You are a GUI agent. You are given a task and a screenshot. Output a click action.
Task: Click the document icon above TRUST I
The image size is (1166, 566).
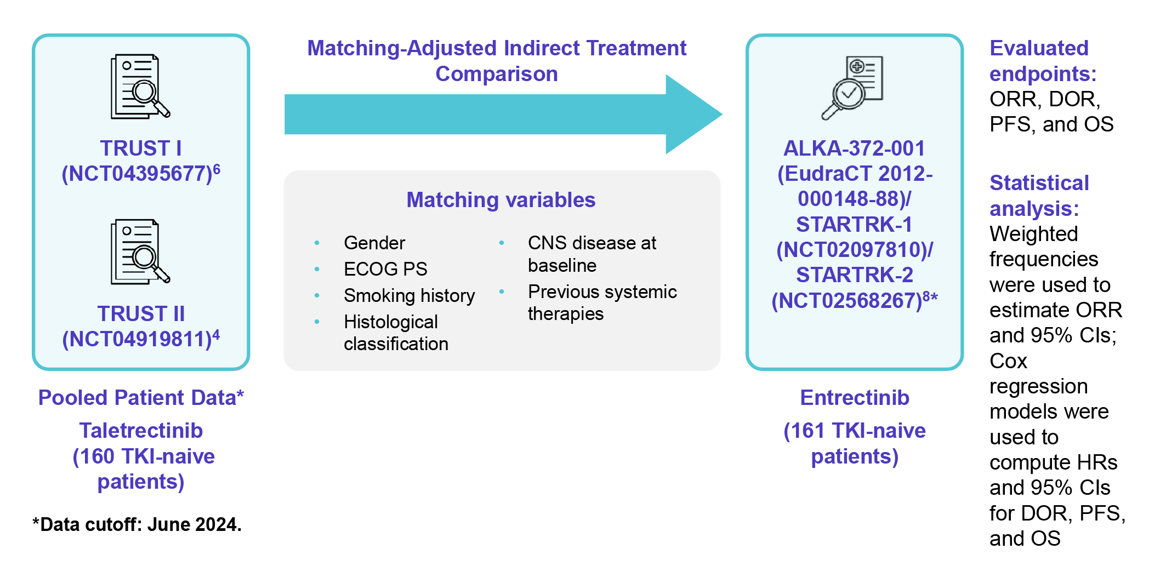point(140,86)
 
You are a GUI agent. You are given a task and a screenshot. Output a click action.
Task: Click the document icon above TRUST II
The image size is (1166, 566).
point(140,251)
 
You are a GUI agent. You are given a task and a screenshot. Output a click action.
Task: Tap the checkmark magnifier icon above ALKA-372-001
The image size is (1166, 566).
point(852,88)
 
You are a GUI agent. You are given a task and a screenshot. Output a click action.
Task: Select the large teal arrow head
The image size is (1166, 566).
point(694,114)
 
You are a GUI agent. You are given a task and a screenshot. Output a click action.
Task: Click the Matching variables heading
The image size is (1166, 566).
point(501,200)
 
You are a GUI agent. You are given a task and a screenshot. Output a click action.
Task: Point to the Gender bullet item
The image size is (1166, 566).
point(374,243)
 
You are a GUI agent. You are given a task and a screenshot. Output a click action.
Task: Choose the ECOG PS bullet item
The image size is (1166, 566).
point(385,269)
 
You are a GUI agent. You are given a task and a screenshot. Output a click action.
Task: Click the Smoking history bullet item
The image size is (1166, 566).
point(409,295)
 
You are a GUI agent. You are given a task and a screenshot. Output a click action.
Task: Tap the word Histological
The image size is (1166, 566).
point(391,322)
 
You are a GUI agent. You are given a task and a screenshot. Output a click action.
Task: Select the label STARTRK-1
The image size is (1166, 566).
point(854,224)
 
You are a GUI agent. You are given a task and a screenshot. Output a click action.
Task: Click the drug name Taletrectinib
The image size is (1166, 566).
point(141,431)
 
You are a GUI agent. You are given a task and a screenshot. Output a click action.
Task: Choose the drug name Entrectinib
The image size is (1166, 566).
point(855,398)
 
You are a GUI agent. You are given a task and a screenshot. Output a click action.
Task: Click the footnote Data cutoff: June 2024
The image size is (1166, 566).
point(137,524)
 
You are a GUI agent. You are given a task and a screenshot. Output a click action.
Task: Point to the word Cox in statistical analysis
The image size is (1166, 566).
point(1008,361)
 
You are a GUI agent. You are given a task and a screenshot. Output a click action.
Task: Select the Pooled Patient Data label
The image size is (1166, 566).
point(141,398)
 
